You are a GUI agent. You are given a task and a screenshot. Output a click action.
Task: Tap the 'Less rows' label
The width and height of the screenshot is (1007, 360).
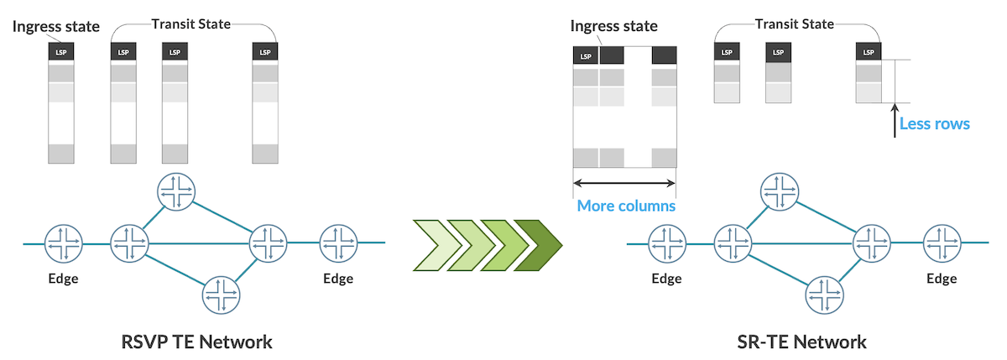pos(934,124)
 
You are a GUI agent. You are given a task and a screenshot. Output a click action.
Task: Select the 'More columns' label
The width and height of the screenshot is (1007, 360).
pos(626,206)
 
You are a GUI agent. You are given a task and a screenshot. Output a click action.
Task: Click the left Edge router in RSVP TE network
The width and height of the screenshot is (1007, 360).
pos(64,243)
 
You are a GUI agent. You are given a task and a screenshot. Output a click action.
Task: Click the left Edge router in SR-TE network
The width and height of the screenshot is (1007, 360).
pos(667,244)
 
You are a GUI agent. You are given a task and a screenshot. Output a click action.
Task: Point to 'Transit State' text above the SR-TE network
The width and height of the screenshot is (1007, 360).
pos(794,24)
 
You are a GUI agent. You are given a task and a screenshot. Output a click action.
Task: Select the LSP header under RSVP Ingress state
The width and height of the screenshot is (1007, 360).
pos(61,52)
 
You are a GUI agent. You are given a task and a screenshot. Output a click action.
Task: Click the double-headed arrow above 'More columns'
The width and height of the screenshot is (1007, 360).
pos(624,181)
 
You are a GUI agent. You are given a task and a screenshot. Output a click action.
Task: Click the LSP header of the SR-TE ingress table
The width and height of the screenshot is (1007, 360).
pos(586,56)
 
